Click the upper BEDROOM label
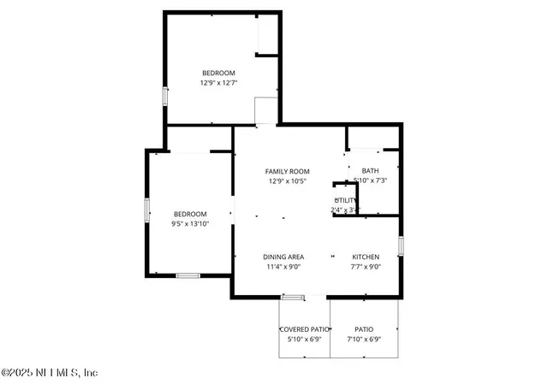click(218, 73)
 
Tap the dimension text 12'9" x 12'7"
click(218, 83)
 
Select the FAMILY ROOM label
click(287, 171)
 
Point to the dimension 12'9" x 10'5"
click(287, 181)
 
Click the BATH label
click(370, 170)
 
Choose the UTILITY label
click(345, 200)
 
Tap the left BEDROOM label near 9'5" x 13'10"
click(190, 214)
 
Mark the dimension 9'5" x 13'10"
click(190, 224)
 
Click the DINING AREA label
click(283, 257)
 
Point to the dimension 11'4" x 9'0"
click(283, 267)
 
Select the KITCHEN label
click(366, 257)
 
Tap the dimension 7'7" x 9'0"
click(366, 267)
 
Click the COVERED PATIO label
click(305, 329)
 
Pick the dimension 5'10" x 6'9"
click(305, 340)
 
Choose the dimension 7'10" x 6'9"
click(365, 340)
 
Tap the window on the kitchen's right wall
click(401, 246)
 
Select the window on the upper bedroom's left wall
click(164, 95)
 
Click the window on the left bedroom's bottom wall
click(188, 275)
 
